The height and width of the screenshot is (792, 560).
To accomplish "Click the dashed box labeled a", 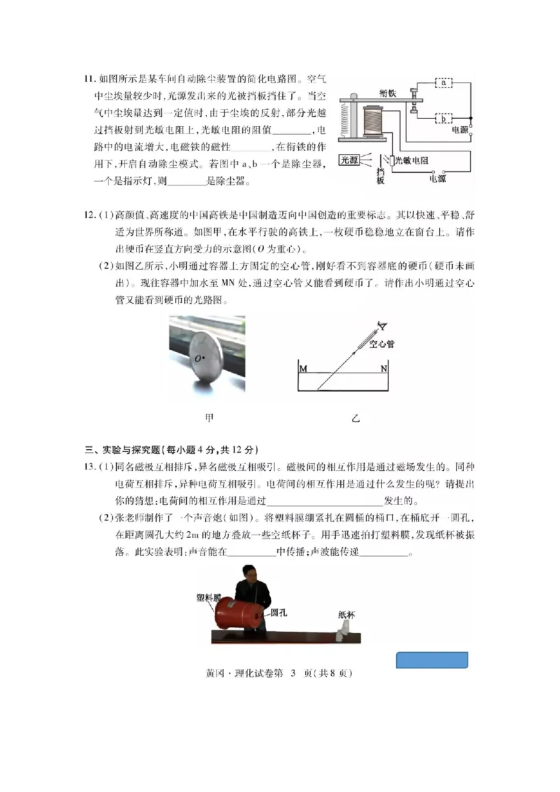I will tap(443, 83).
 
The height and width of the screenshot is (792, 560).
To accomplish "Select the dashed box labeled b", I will tap(443, 118).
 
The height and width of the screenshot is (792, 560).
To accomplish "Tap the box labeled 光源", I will tap(349, 160).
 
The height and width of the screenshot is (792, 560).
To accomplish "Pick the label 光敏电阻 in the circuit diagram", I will tap(411, 160).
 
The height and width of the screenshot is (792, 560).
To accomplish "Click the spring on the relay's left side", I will tap(344, 118).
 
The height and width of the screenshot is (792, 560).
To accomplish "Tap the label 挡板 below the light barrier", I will tap(380, 176).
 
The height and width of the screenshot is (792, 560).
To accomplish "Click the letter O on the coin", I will tap(198, 359).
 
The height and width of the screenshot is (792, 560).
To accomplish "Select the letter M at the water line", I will tap(303, 369).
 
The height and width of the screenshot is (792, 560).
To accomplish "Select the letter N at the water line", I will tap(384, 369).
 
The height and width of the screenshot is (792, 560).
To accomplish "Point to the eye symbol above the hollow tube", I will tap(382, 324).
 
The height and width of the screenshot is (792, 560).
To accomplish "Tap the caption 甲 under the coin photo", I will tap(208, 418).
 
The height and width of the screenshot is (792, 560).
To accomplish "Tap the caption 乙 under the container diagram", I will tap(356, 419).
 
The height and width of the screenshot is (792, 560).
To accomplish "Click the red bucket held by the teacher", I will tap(238, 614).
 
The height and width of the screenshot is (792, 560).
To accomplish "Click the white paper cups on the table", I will tap(342, 634).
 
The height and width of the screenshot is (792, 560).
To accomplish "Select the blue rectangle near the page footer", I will tap(432, 660).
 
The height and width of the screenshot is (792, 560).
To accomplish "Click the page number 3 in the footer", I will tap(294, 674).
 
